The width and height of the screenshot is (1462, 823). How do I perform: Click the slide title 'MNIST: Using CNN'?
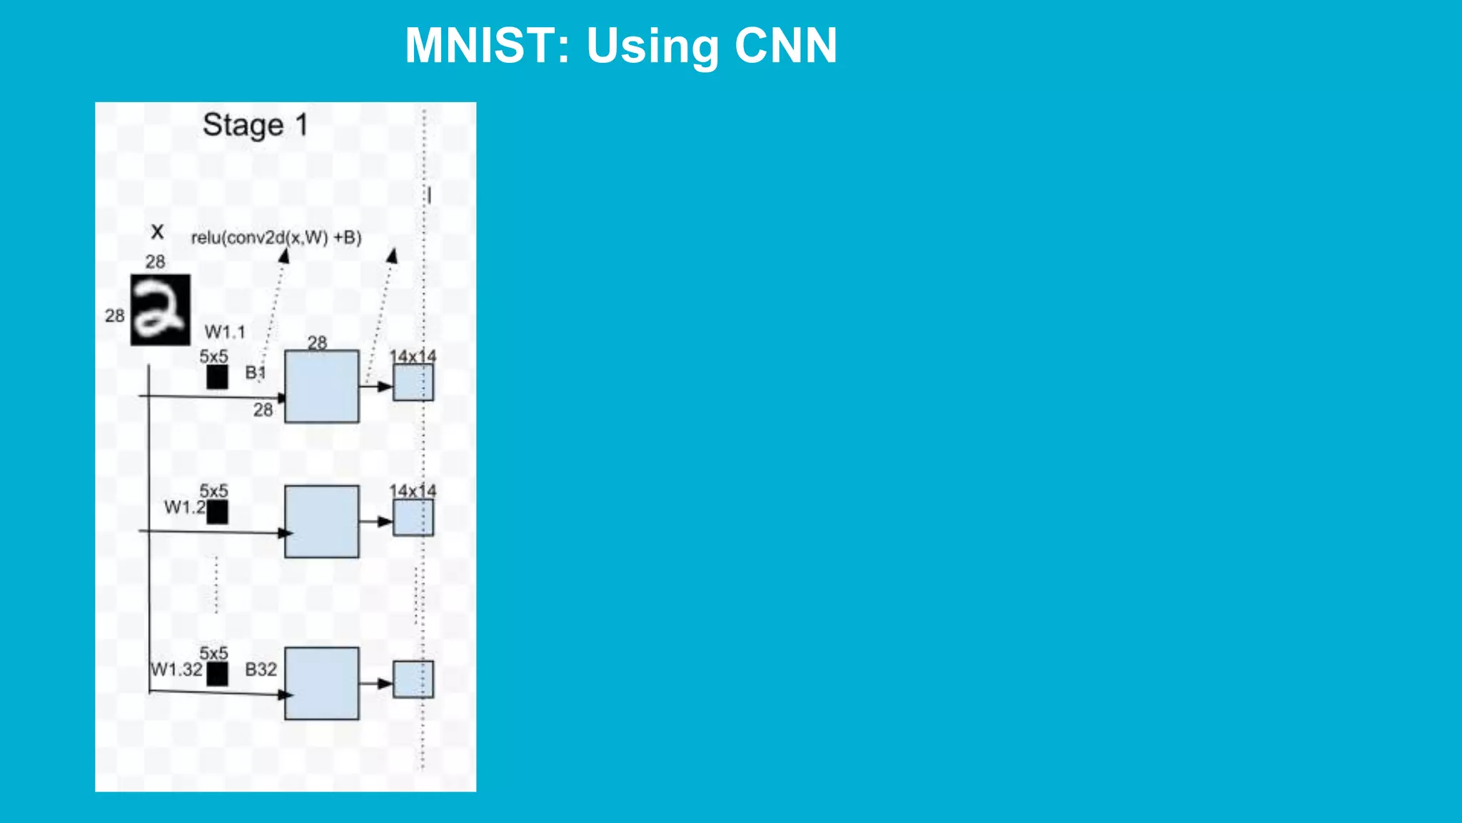tap(620, 46)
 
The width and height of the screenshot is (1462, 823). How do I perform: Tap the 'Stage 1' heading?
tap(255, 125)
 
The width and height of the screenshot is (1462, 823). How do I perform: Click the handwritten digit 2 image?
tap(161, 310)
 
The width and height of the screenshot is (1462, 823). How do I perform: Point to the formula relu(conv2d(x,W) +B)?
tap(276, 238)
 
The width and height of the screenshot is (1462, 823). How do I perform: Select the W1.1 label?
tap(225, 332)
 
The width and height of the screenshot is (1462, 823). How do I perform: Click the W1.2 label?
tap(184, 507)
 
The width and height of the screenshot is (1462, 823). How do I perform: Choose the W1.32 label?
tap(176, 669)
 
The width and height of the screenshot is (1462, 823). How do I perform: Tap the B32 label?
tap(261, 669)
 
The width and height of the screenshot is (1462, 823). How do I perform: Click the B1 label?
tap(255, 372)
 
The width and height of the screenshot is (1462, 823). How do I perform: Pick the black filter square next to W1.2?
tap(217, 512)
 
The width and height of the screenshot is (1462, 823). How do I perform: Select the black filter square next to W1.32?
tap(217, 673)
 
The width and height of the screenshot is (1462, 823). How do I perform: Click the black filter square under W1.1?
tap(217, 377)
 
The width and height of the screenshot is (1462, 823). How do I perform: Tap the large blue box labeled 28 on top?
tap(322, 386)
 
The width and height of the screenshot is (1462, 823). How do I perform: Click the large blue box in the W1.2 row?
tap(322, 522)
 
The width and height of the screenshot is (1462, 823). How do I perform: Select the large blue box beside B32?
tap(322, 684)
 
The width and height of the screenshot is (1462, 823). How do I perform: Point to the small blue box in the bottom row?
tap(413, 679)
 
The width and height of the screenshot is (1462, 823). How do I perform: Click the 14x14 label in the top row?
tap(413, 356)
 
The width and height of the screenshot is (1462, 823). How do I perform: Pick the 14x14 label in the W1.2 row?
tap(413, 491)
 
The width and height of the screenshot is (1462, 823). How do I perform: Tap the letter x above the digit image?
tap(158, 231)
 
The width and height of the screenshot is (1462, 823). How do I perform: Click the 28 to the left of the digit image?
tap(114, 316)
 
